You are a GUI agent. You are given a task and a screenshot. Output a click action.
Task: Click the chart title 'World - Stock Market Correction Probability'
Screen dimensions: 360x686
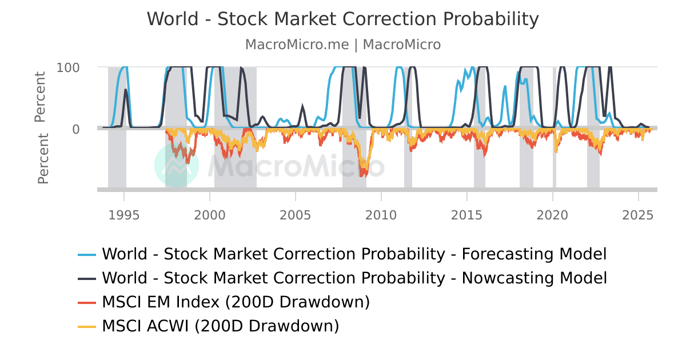(343, 19)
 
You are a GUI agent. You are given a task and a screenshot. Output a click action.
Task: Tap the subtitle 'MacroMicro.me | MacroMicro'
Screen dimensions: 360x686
(343, 45)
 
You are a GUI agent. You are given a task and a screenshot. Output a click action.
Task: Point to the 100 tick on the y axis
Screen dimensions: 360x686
(68, 67)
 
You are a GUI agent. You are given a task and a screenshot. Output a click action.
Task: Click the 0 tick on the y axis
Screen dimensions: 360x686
(75, 129)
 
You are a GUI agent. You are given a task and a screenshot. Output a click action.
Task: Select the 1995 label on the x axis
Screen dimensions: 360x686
(124, 215)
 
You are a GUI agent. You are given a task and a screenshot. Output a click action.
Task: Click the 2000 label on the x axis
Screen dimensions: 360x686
(210, 215)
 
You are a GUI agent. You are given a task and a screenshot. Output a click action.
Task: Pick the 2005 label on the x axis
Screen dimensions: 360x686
(296, 215)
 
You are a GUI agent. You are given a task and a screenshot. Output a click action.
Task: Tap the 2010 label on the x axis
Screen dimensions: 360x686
(381, 215)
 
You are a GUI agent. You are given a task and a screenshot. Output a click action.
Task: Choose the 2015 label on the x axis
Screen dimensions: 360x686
(467, 215)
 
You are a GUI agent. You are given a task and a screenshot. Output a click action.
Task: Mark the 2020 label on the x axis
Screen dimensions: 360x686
(553, 215)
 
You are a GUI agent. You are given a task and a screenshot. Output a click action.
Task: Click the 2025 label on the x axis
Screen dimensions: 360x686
(639, 215)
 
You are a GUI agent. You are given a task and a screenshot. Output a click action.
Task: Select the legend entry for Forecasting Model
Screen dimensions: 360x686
(354, 254)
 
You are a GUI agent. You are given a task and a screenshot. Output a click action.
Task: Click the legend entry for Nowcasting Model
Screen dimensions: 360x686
(354, 278)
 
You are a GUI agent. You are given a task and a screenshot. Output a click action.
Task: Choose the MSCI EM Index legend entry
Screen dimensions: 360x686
(236, 302)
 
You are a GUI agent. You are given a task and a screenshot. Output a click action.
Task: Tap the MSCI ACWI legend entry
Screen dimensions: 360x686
(220, 326)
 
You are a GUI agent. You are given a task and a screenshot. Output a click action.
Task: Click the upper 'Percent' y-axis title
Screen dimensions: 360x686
(40, 97)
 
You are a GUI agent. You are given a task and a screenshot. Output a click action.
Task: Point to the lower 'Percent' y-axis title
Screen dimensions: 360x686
(43, 159)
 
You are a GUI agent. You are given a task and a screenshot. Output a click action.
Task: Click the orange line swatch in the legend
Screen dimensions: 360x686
(87, 302)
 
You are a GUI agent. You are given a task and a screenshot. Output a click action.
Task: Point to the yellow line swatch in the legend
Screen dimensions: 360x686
(87, 326)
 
